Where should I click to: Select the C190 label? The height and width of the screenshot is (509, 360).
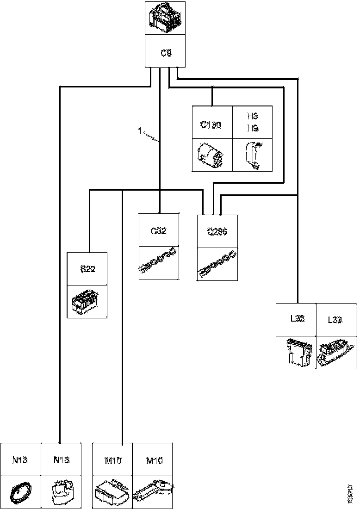(x=211, y=124)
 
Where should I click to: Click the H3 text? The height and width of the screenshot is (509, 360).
(x=252, y=118)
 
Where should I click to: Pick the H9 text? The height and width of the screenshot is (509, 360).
(x=252, y=129)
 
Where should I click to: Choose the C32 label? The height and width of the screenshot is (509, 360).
(x=159, y=231)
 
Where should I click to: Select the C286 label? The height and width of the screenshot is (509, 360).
(x=217, y=233)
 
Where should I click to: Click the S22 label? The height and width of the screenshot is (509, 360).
(x=87, y=269)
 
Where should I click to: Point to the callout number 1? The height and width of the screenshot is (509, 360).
(x=139, y=131)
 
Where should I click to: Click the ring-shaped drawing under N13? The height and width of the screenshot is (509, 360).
(x=21, y=492)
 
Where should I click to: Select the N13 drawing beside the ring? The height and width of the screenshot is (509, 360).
(x=61, y=492)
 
